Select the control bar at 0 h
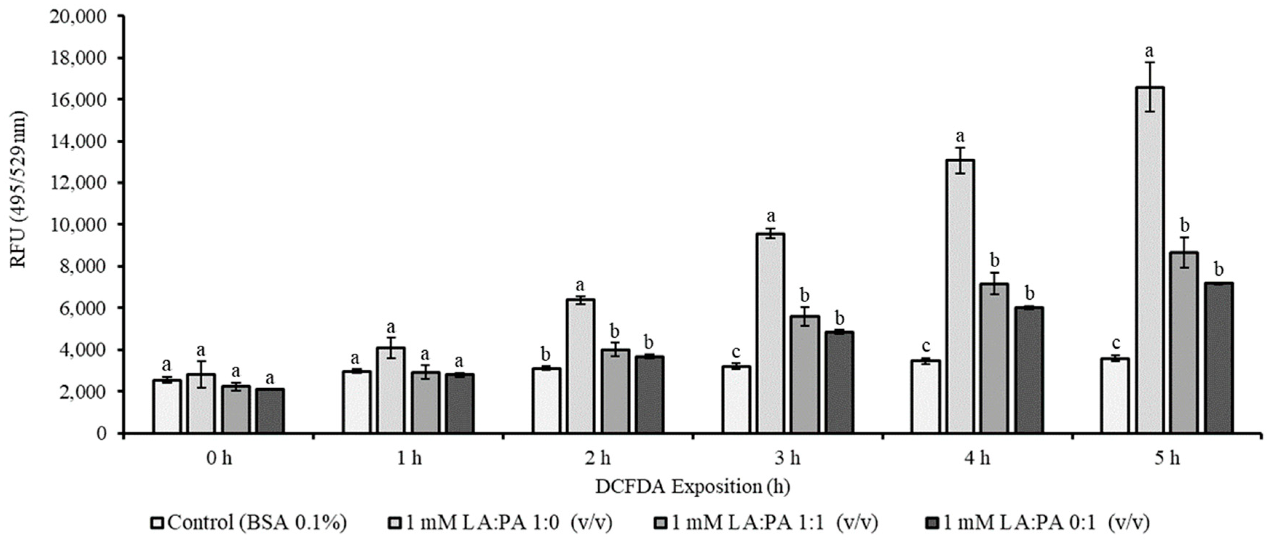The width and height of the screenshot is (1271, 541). click(x=167, y=406)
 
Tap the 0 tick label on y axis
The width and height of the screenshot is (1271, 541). click(x=101, y=433)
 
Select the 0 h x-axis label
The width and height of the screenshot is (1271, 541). click(x=219, y=459)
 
